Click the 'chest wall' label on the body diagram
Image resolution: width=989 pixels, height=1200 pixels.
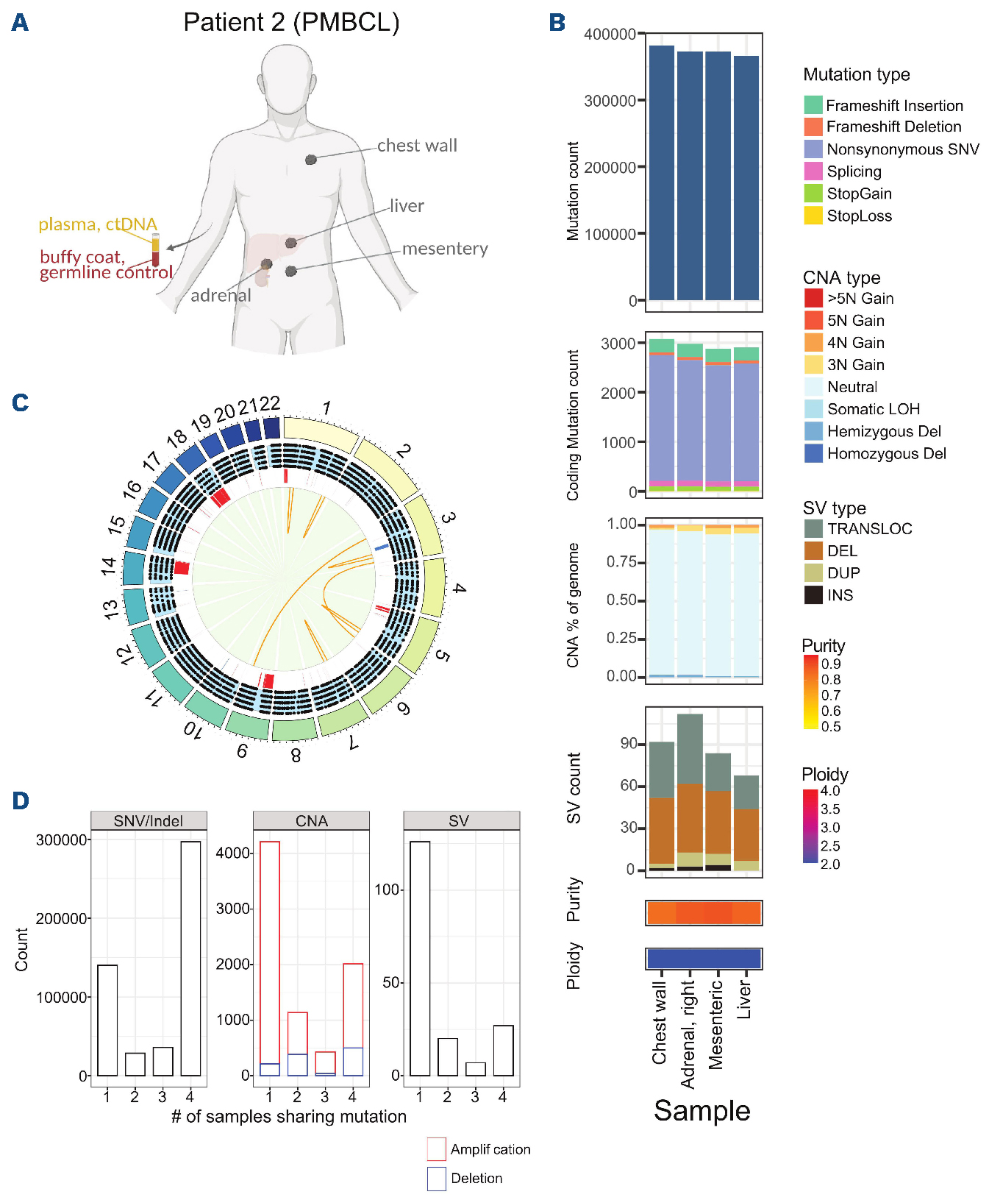tap(417, 146)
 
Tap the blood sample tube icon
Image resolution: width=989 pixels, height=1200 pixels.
tap(155, 250)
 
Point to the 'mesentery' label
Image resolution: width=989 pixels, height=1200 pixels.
tap(445, 249)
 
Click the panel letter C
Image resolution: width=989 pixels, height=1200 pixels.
tap(21, 403)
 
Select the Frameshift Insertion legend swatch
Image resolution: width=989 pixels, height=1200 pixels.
tap(813, 105)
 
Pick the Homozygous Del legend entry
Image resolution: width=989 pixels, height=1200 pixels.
tap(886, 454)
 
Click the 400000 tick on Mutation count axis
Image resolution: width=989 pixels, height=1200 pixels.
tap(610, 34)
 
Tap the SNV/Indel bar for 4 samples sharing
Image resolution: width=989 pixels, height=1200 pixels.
tap(190, 958)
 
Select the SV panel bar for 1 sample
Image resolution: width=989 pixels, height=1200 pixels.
tap(420, 958)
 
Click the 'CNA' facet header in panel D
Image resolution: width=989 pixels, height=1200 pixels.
tap(311, 821)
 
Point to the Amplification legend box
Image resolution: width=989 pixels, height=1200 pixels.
tap(436, 1149)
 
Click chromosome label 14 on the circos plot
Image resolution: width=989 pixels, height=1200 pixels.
tap(109, 566)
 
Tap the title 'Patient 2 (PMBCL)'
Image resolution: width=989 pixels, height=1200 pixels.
tap(291, 22)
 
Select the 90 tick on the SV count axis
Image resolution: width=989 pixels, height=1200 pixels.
tap(629, 744)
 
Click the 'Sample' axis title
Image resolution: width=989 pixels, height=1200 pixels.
tap(701, 1110)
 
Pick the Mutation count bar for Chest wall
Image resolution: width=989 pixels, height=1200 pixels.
tap(662, 173)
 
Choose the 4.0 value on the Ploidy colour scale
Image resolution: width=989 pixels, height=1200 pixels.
tap(830, 791)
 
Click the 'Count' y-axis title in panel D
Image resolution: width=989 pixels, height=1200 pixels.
tap(21, 949)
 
